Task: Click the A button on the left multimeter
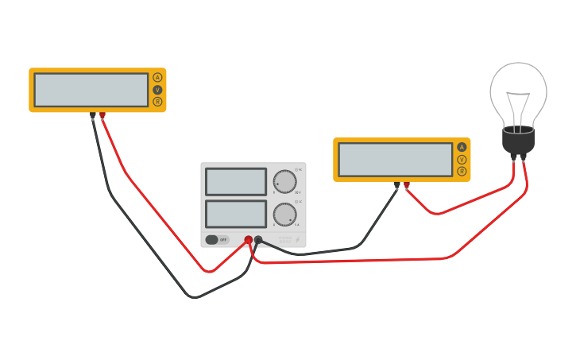(x=157, y=77)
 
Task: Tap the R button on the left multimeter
(x=157, y=102)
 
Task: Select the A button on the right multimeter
(x=462, y=147)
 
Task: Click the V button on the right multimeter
(x=462, y=159)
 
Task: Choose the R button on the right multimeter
(x=462, y=172)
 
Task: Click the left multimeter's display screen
(x=91, y=90)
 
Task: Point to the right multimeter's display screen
(x=396, y=160)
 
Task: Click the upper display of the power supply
(x=236, y=181)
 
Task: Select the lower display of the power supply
(x=236, y=214)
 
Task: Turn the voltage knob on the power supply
(x=284, y=182)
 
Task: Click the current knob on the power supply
(x=284, y=215)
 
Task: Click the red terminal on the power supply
(x=249, y=239)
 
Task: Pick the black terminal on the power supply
(x=258, y=239)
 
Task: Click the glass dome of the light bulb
(x=518, y=91)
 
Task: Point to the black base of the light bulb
(x=518, y=141)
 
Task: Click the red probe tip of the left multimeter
(x=102, y=115)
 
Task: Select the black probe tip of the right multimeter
(x=397, y=185)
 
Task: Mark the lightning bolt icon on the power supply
(x=298, y=240)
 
